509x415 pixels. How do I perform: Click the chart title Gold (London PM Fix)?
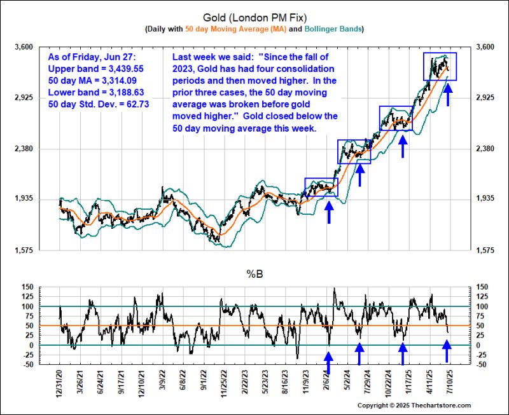click(254, 16)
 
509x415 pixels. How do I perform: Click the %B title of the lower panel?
click(254, 274)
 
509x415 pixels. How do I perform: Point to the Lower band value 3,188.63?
click(129, 92)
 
